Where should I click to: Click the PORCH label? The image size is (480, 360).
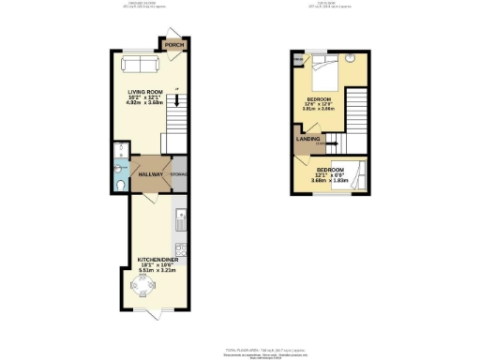[172, 44]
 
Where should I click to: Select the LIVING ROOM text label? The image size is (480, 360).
[144, 92]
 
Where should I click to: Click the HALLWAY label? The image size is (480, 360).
[150, 174]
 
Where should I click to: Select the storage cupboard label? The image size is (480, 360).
[178, 174]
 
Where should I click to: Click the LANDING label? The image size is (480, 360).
[307, 141]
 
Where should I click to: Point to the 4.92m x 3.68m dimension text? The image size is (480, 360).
[144, 103]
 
